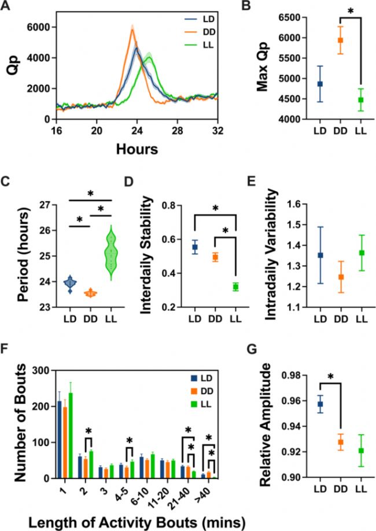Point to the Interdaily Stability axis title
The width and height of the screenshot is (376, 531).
[141, 255]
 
